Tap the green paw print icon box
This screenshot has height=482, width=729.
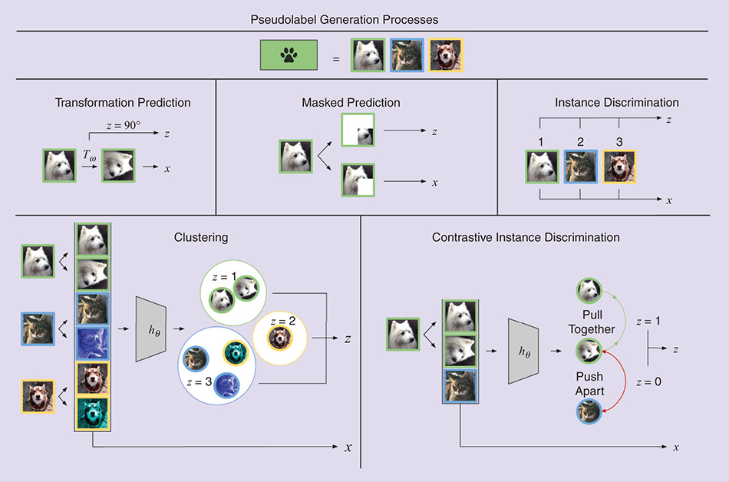pyautogui.click(x=289, y=55)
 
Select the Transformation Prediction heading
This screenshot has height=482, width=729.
pyautogui.click(x=123, y=102)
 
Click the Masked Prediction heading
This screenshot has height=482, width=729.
pyautogui.click(x=351, y=102)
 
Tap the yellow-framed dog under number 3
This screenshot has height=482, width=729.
pyautogui.click(x=618, y=167)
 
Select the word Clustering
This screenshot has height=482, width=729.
pyautogui.click(x=201, y=238)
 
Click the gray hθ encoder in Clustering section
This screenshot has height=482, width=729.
pyautogui.click(x=150, y=328)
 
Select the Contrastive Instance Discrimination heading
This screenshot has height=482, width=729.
pyautogui.click(x=526, y=238)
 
